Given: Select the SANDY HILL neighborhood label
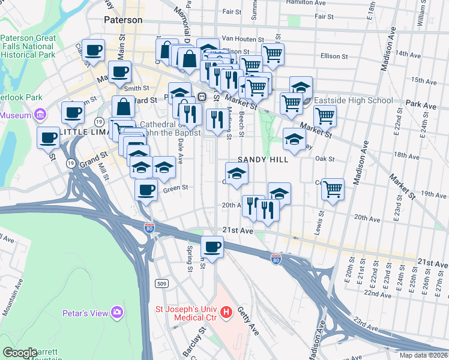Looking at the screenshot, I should tap(263, 160).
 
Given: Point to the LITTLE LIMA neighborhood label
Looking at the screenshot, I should tap(83, 131).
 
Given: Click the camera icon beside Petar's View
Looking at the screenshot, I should tap(117, 313).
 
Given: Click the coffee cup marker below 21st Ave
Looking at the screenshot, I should tap(211, 245).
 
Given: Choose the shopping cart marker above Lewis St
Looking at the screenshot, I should tap(333, 189).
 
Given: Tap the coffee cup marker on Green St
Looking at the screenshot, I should tap(145, 190).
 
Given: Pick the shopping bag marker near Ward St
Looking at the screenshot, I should tap(123, 106).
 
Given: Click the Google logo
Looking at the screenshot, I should tap(20, 353).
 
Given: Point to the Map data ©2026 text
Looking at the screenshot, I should tap(423, 355).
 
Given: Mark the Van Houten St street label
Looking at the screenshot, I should tap(243, 37).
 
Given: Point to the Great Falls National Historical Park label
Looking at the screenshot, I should tap(28, 46).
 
